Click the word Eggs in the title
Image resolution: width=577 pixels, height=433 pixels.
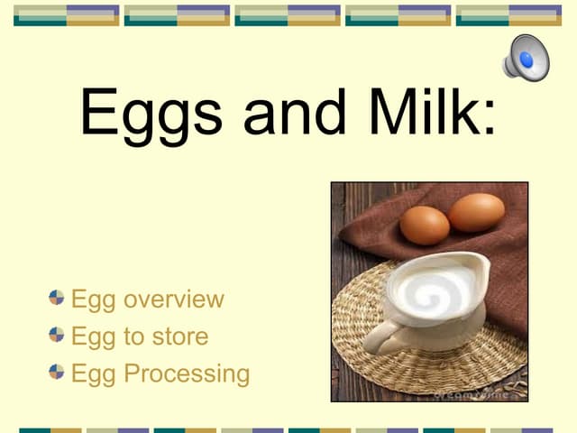[152, 113]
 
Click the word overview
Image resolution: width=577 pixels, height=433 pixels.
[173, 299]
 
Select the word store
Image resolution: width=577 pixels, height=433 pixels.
[179, 336]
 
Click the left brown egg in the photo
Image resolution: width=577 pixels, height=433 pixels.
[424, 225]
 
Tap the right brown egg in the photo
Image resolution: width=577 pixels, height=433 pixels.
[476, 212]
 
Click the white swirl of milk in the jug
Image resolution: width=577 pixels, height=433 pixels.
[436, 293]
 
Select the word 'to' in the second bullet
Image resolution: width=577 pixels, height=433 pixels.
[133, 336]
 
